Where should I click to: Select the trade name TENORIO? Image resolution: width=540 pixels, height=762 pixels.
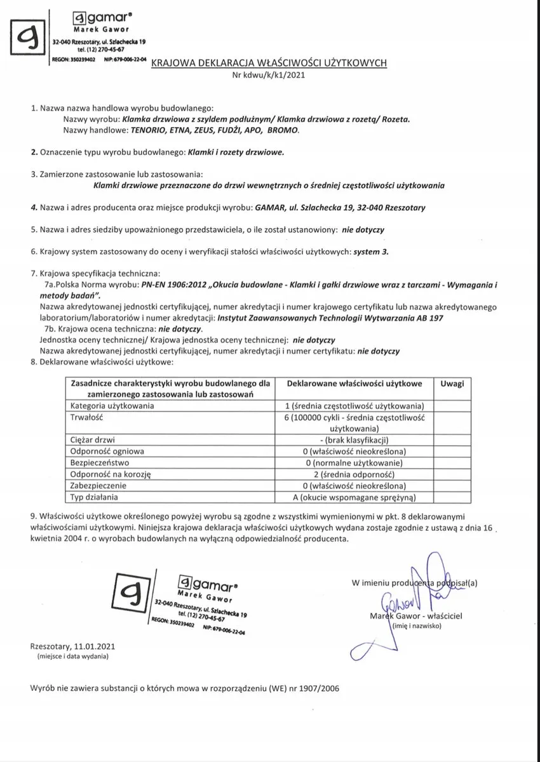coord(152,130)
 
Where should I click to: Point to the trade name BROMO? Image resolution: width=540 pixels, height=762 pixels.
coord(283,130)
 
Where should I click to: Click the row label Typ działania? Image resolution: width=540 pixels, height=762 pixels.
coord(96,497)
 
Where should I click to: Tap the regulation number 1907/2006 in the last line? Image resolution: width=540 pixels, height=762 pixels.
coord(319,690)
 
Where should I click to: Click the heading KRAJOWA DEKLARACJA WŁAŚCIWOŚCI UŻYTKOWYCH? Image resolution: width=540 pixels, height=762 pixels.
coord(269,63)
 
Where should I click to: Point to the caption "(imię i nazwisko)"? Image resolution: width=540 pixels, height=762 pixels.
coord(416,626)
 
